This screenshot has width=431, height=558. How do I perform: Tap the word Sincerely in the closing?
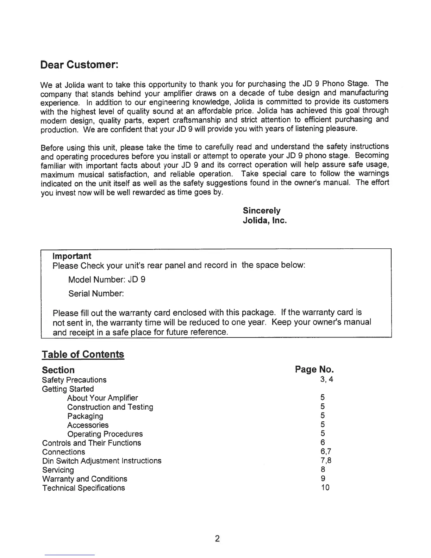click(262, 211)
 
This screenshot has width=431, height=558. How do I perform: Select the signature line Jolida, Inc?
click(265, 221)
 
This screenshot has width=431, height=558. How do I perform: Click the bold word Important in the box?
click(72, 256)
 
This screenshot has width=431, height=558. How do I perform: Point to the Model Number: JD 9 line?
click(107, 280)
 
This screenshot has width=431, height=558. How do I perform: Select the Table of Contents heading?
click(83, 354)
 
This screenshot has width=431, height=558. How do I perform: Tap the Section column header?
click(58, 370)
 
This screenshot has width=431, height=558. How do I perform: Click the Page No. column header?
click(314, 370)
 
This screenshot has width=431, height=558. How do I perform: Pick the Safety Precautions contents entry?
click(74, 380)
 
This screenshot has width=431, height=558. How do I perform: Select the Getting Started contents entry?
click(68, 389)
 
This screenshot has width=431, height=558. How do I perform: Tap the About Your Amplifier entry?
click(102, 398)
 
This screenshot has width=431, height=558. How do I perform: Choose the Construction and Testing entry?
click(110, 407)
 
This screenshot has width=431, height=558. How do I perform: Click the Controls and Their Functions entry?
click(92, 443)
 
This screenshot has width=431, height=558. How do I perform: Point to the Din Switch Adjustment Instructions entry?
click(102, 461)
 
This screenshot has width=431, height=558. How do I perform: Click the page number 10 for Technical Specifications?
click(325, 488)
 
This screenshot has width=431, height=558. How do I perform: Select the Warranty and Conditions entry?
click(85, 479)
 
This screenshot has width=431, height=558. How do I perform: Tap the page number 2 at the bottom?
click(217, 539)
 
